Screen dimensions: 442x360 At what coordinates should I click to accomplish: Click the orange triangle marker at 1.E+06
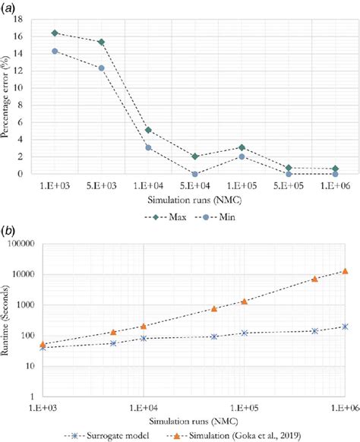pos(345,270)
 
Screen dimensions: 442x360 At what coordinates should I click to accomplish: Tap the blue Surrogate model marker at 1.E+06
pos(345,326)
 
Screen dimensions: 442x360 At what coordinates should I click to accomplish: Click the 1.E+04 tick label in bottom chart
pos(143,408)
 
